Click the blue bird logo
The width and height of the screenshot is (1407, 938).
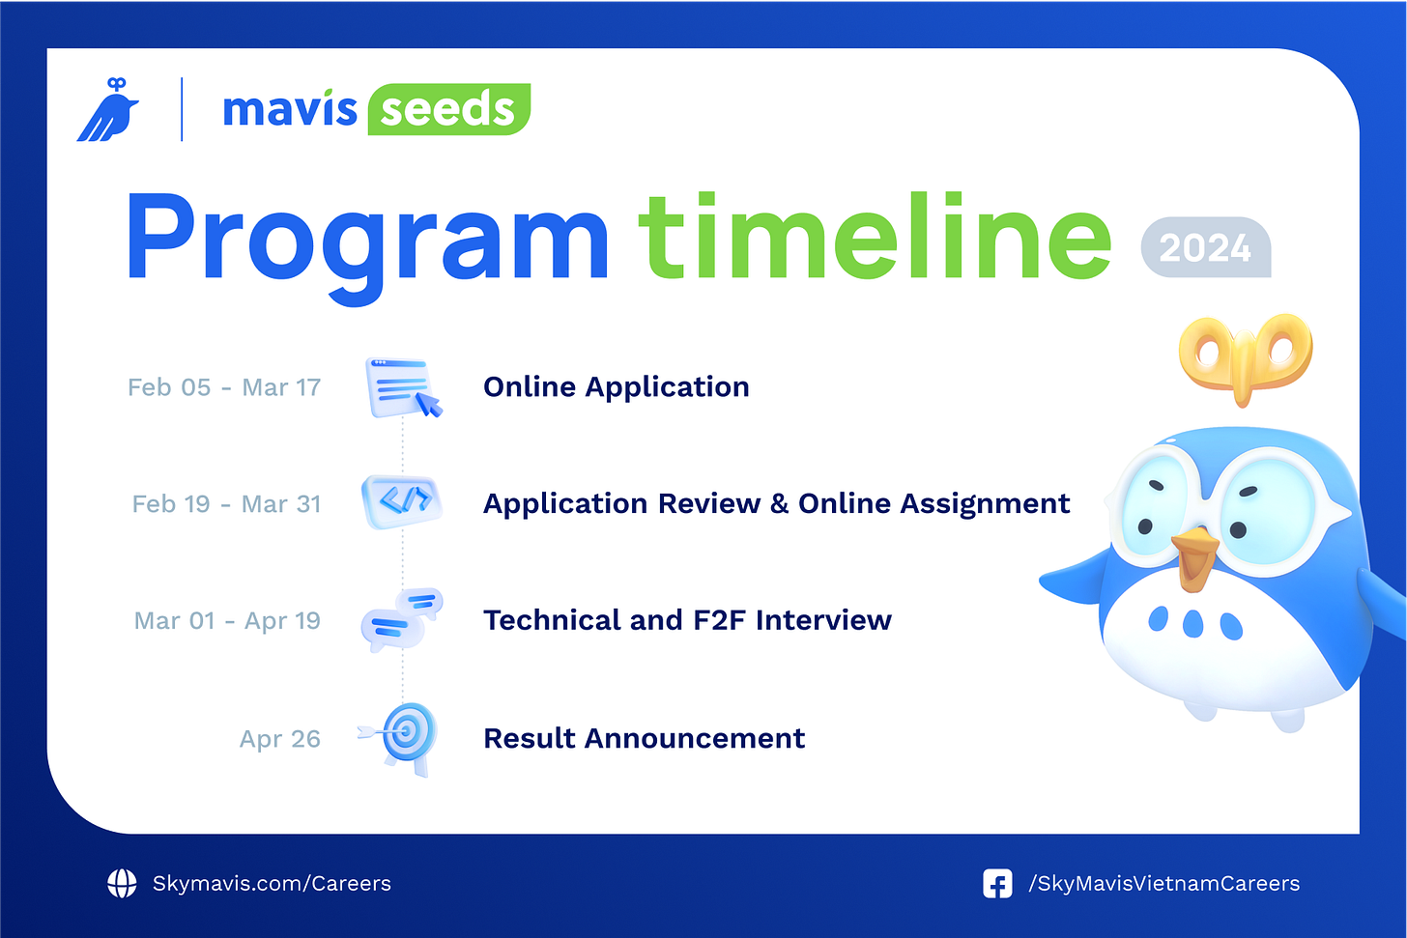[x=107, y=111]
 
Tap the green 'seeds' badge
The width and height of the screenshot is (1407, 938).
[x=448, y=109]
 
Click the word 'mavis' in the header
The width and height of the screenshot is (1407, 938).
[x=290, y=109]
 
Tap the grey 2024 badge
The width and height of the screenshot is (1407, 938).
[x=1205, y=248]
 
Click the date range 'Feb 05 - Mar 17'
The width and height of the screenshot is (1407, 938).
[x=224, y=387]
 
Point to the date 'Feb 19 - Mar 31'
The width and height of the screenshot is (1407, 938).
[x=226, y=504]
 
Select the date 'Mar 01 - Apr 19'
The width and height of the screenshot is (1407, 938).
[x=227, y=621]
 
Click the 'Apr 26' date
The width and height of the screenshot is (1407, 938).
[x=279, y=739]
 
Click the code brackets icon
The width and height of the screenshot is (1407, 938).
[x=402, y=501]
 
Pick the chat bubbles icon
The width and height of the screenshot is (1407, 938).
[x=401, y=618]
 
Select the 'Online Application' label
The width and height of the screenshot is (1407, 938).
[x=616, y=387]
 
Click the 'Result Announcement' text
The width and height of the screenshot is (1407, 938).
[x=644, y=739]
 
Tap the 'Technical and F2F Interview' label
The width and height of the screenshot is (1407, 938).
[x=687, y=620]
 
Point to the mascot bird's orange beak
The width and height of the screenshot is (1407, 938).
[x=1195, y=557]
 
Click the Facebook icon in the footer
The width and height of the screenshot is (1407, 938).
[x=997, y=884]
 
